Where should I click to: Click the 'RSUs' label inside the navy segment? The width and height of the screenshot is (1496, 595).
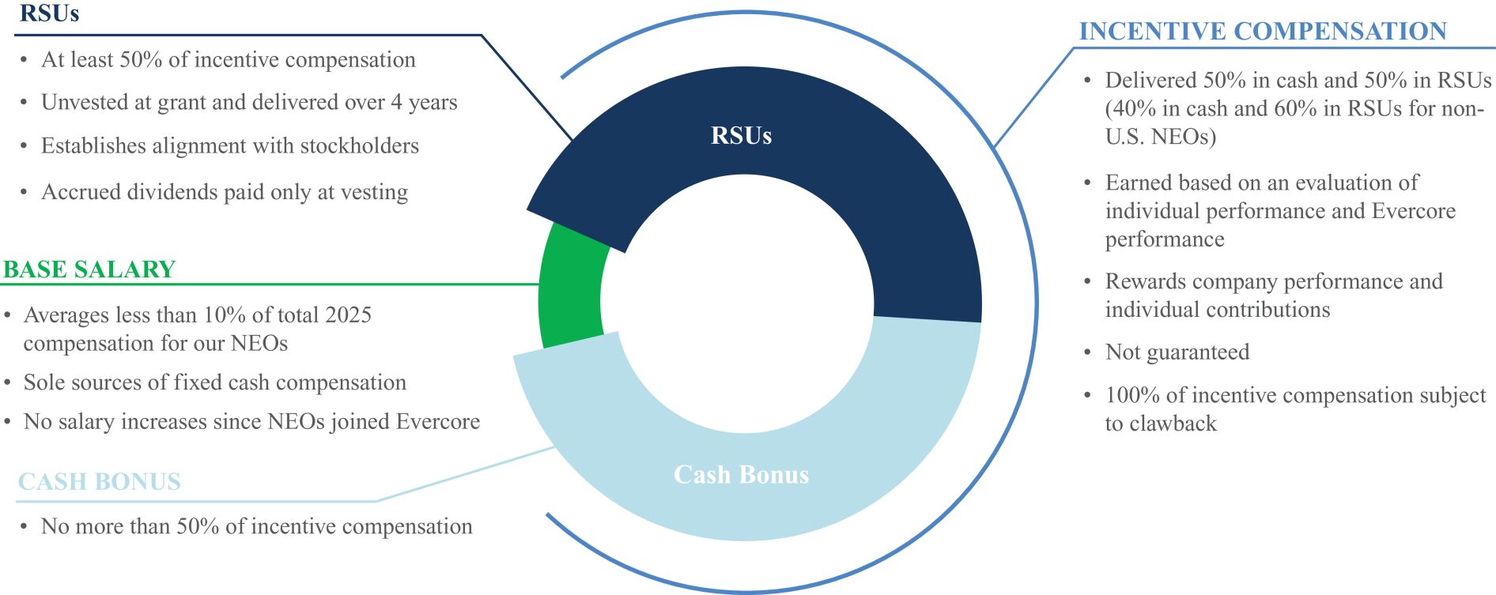[741, 136]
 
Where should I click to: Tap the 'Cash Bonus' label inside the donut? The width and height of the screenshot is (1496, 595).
[741, 474]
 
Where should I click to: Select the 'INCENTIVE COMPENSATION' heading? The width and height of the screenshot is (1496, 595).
[1263, 31]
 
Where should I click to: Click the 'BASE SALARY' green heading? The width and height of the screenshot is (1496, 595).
[89, 269]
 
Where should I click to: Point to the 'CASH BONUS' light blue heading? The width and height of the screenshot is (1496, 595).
[100, 481]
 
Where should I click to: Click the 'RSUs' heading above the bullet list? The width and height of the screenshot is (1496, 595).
[49, 13]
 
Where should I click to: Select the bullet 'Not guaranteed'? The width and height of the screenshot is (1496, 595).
[1177, 352]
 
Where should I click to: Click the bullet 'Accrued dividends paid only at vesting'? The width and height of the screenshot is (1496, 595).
[225, 192]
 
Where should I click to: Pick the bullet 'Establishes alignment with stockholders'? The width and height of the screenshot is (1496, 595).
[230, 145]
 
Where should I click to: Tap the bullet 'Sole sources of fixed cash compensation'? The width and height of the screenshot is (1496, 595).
[215, 382]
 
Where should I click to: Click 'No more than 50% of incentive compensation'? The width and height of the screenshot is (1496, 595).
[257, 526]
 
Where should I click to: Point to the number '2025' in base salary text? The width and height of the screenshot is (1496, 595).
[346, 315]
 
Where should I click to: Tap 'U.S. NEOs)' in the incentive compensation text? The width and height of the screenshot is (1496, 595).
[1161, 137]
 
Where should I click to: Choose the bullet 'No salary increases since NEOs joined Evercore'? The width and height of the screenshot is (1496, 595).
[251, 422]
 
